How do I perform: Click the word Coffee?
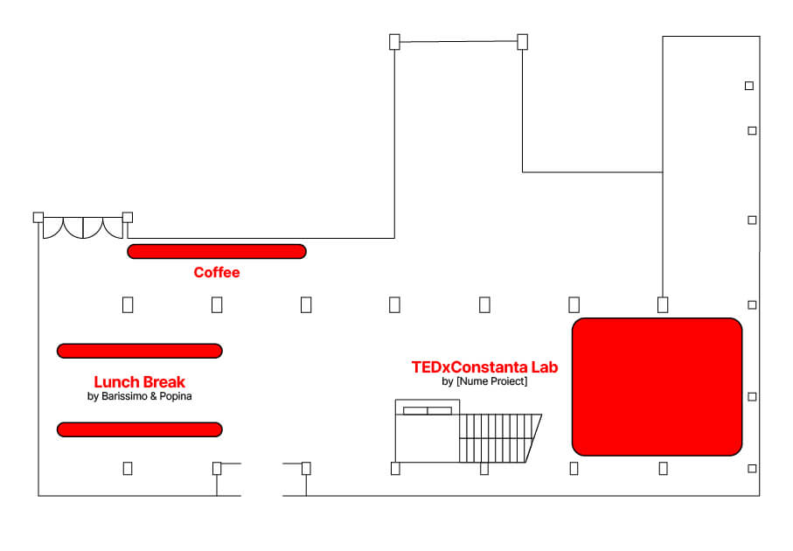[217, 272]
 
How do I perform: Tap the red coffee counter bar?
[217, 252]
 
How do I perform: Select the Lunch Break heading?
[140, 382]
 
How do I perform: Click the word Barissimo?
[124, 396]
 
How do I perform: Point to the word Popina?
[176, 396]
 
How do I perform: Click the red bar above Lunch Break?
[140, 351]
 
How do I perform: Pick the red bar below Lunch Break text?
[140, 429]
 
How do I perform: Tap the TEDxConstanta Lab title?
[484, 367]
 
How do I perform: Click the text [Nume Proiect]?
[491, 381]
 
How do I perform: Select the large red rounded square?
[657, 387]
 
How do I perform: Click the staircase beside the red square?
[500, 438]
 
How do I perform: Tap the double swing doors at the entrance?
[83, 227]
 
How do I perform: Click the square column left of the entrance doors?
[38, 218]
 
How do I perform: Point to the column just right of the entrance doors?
[128, 218]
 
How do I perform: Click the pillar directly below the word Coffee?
[217, 305]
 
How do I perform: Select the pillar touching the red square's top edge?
[663, 305]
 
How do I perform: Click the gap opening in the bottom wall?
[261, 495]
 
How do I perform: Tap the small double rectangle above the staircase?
[428, 410]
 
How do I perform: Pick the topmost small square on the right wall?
[749, 86]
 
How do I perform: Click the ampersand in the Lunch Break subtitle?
[153, 396]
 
